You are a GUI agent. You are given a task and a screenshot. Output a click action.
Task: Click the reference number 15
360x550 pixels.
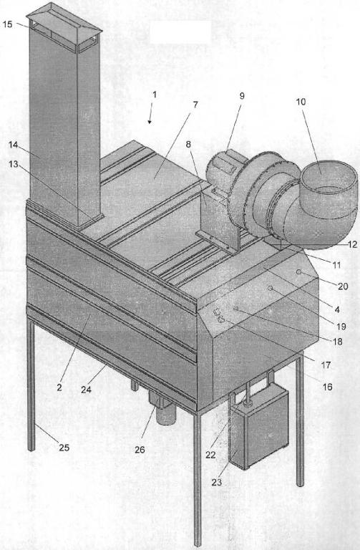pos(7,24)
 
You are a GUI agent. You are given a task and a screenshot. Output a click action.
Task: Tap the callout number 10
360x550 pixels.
pos(301,102)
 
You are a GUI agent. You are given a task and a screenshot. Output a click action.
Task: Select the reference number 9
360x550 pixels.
pos(242,96)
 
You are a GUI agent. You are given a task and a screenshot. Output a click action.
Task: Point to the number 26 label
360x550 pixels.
pos(140,450)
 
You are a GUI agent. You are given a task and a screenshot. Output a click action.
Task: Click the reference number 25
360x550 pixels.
pos(64,448)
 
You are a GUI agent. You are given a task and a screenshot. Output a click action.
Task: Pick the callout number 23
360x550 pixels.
pos(217,482)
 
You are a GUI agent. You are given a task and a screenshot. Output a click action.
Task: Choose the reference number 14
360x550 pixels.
pos(13,145)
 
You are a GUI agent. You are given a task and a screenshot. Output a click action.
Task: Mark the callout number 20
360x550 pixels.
pos(343,286)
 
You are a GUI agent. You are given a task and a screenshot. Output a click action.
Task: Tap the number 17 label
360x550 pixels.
pos(326,365)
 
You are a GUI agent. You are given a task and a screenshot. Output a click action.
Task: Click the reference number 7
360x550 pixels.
pos(195,104)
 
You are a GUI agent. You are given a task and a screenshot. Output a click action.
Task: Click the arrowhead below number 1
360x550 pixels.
pos(150,121)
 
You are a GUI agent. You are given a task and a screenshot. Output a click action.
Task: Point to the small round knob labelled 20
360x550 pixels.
pos(298,272)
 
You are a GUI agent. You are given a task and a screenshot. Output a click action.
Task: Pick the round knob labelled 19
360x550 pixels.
pos(271,288)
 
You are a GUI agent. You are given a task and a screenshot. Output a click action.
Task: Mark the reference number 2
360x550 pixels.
pos(59,387)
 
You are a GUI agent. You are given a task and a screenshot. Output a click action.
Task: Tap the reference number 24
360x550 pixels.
pos(86,390)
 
